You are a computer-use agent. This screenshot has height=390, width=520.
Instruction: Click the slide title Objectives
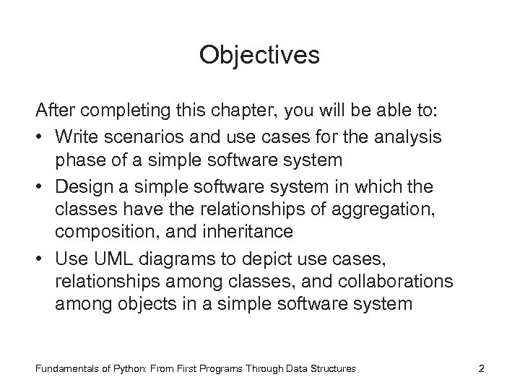(x=259, y=56)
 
